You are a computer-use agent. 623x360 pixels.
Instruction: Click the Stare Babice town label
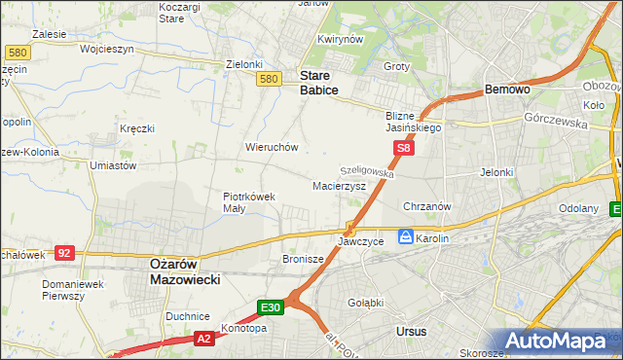tap(318, 82)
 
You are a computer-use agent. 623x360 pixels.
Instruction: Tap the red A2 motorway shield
tap(203, 339)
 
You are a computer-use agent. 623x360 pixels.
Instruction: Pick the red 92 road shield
tap(64, 253)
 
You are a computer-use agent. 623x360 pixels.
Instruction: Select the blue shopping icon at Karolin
tap(405, 236)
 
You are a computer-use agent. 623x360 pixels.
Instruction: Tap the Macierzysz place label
tap(339, 185)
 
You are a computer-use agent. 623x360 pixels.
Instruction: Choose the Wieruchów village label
tap(272, 147)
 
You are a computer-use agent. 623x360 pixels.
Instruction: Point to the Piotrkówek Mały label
tap(250, 201)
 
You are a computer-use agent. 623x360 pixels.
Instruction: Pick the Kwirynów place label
tap(340, 40)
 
